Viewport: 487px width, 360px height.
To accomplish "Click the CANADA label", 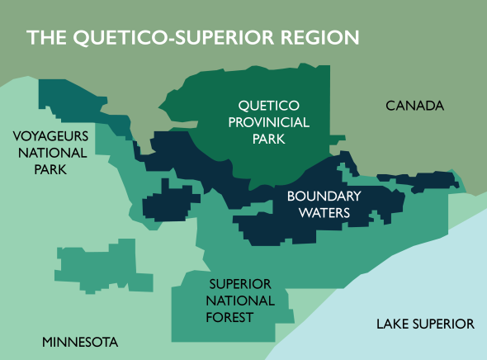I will (414, 106).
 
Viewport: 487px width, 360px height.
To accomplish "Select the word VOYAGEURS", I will (50, 136).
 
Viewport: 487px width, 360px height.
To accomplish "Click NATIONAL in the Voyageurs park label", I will (50, 153).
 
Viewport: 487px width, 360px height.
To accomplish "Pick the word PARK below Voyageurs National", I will (50, 169).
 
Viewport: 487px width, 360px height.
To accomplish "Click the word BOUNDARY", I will (324, 197).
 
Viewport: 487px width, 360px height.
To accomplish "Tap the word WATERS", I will (324, 213).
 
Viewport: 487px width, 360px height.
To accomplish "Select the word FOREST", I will (230, 316).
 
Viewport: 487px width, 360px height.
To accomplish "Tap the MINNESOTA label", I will (80, 342).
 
